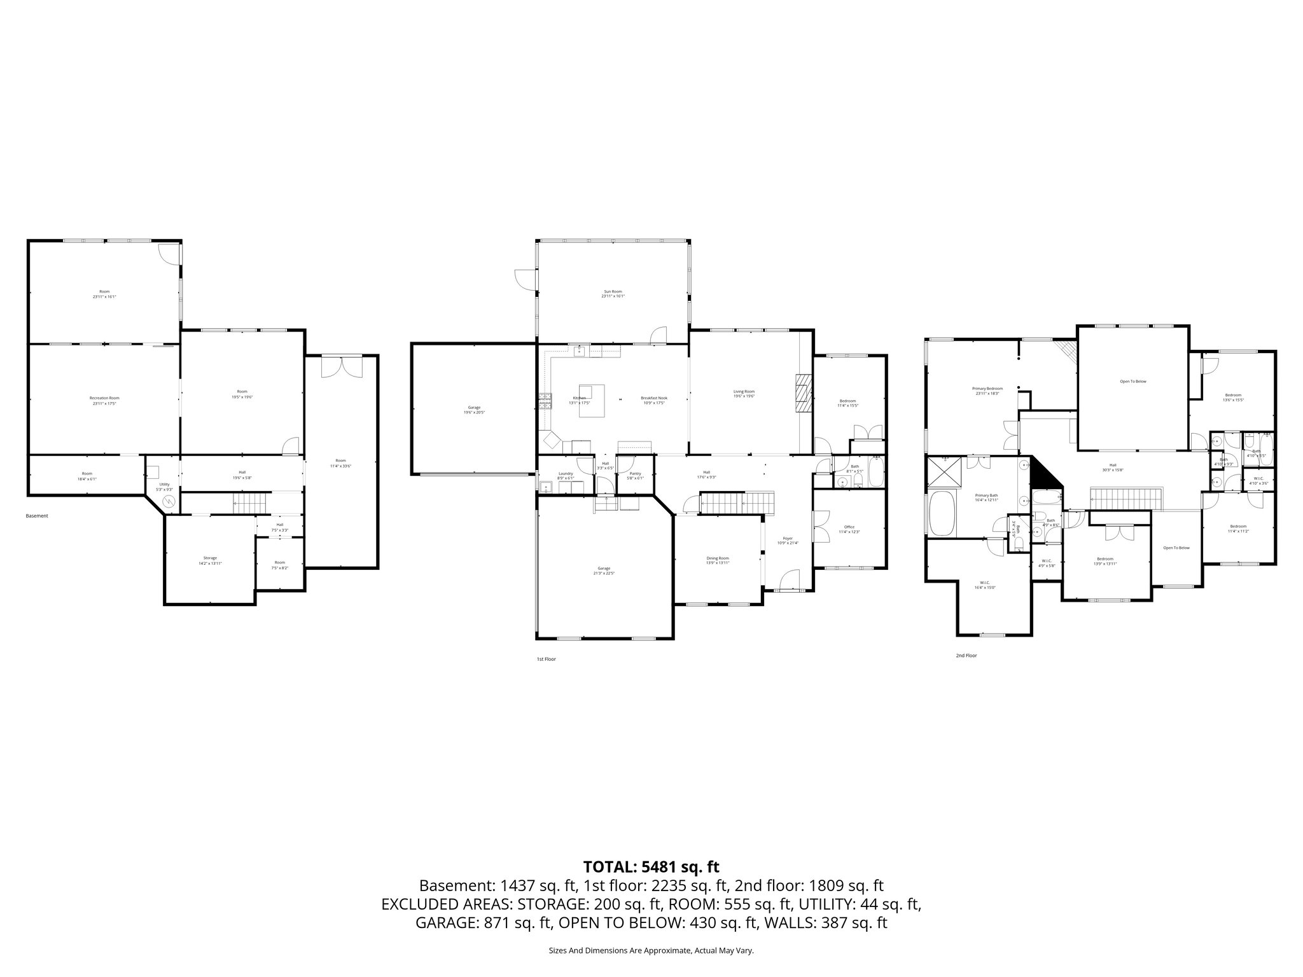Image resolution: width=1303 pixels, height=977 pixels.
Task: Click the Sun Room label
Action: (613, 294)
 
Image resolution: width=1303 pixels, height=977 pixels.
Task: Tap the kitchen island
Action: (591, 401)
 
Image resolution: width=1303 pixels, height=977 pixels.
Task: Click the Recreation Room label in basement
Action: (104, 400)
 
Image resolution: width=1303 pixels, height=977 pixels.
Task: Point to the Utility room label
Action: (164, 487)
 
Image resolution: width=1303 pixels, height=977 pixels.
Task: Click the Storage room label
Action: (210, 560)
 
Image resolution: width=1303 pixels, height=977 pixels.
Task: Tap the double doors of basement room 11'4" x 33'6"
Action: (341, 366)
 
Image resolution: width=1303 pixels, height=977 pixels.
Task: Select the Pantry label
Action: (635, 474)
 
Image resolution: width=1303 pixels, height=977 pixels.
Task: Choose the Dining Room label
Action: (717, 560)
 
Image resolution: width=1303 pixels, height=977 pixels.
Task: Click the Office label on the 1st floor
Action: (849, 529)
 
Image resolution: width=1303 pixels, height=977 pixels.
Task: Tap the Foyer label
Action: (788, 540)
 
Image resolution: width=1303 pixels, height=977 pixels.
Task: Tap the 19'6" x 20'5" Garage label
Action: (474, 410)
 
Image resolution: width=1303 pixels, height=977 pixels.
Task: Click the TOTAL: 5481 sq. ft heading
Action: (651, 866)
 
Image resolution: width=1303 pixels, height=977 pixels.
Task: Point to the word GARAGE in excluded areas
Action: (446, 923)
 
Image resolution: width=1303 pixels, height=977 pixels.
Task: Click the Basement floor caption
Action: (37, 516)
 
